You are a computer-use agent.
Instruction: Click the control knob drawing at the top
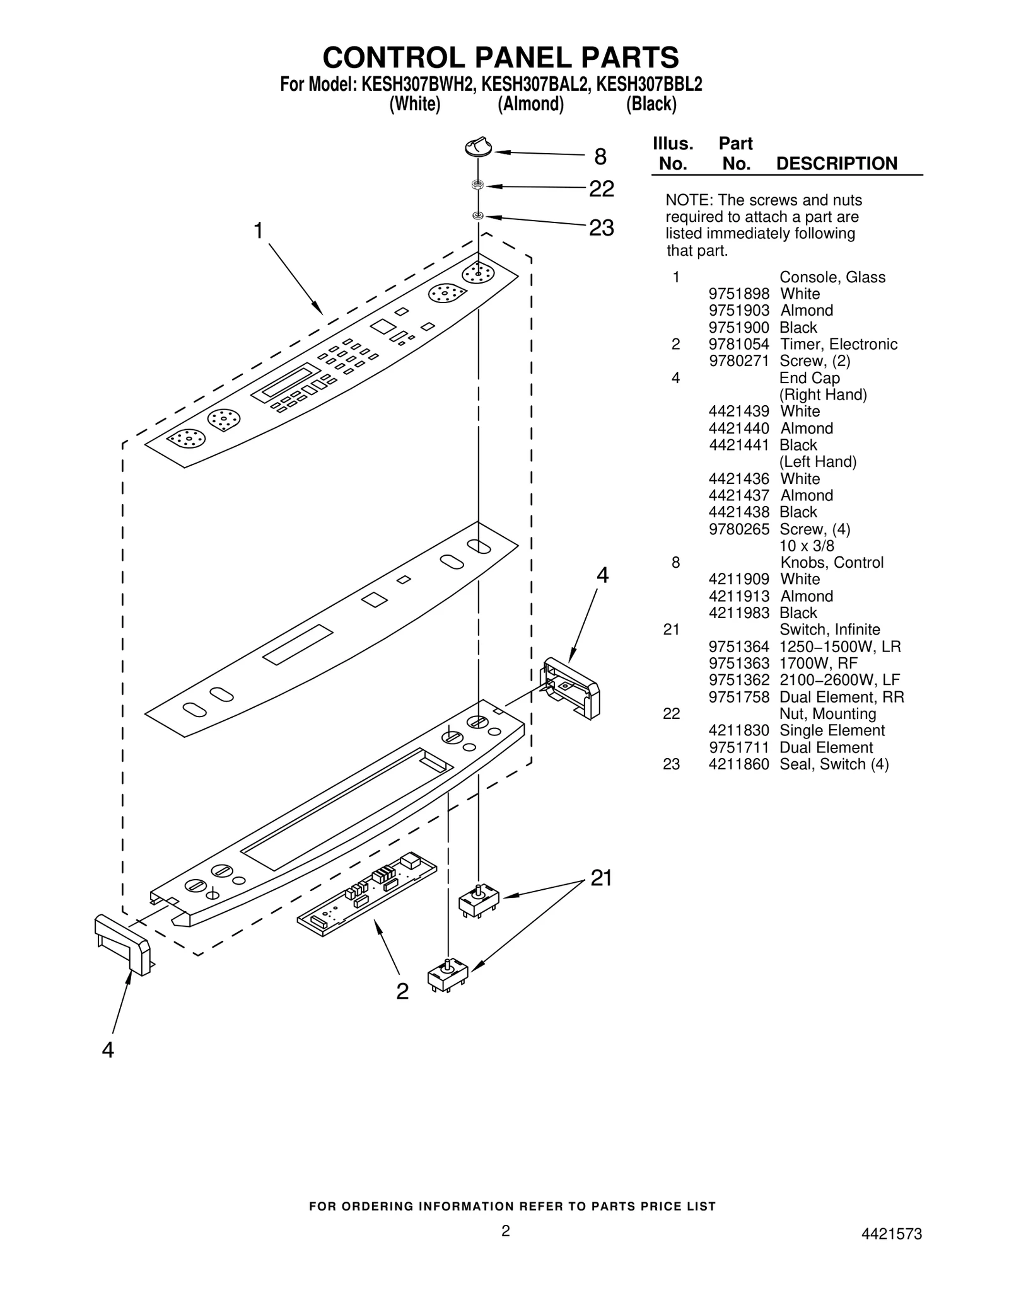[x=477, y=147]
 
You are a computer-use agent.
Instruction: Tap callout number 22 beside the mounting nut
[x=601, y=188]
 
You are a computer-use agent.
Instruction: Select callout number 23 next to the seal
[x=601, y=227]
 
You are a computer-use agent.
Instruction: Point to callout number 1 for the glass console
[x=258, y=231]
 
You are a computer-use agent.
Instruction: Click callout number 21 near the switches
[x=601, y=878]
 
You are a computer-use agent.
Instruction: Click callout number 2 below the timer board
[x=402, y=991]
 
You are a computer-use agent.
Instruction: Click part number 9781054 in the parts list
[x=738, y=344]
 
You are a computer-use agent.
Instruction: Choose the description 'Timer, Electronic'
[x=838, y=344]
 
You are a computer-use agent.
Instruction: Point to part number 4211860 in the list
[x=738, y=764]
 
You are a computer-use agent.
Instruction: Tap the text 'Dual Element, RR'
[x=841, y=697]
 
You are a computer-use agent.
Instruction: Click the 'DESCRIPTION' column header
[x=836, y=164]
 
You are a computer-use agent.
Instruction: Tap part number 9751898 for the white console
[x=738, y=294]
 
